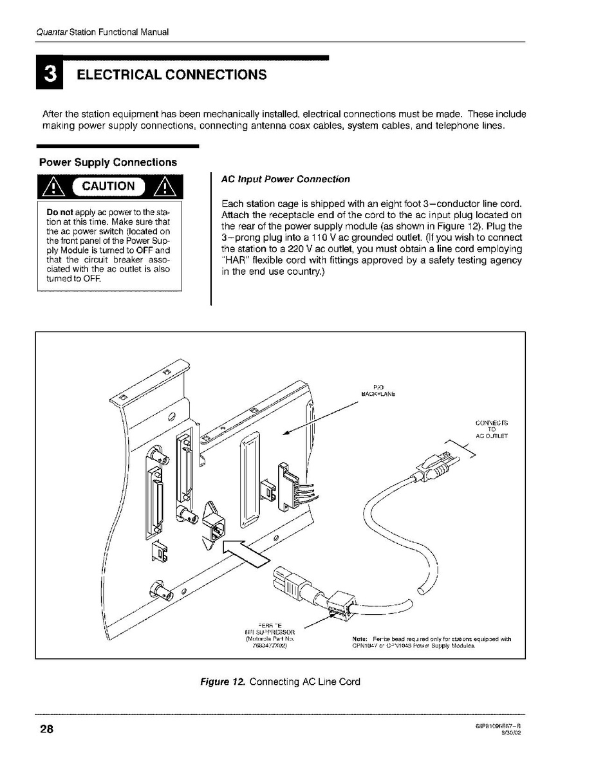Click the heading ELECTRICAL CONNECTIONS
pos(171,75)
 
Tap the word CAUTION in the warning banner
pos(107,187)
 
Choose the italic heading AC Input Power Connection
pos(285,179)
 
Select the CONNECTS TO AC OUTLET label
pos(492,429)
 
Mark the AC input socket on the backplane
pos(214,526)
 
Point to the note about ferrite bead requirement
pos(431,642)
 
